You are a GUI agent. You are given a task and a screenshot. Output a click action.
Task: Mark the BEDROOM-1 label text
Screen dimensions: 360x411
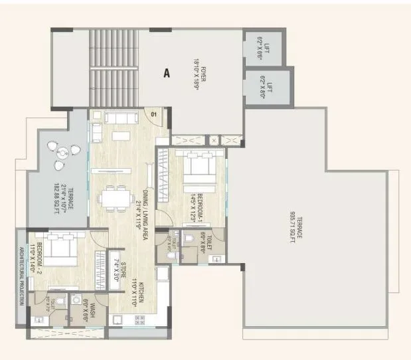point(199,207)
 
